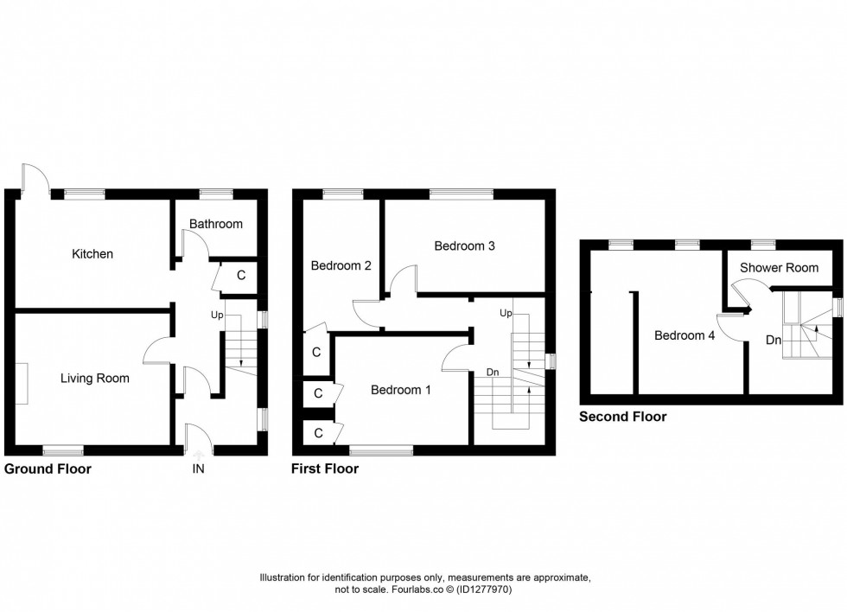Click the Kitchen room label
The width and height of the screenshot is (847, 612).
pyautogui.click(x=92, y=254)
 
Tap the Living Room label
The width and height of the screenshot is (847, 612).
pyautogui.click(x=95, y=378)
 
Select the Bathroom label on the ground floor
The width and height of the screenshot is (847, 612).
pyautogui.click(x=216, y=224)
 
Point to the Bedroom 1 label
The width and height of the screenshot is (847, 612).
pyautogui.click(x=401, y=390)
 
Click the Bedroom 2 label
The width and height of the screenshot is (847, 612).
pyautogui.click(x=341, y=265)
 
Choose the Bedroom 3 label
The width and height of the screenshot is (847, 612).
pyautogui.click(x=464, y=245)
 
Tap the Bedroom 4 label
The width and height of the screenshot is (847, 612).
pyautogui.click(x=685, y=335)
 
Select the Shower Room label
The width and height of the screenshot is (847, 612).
pyautogui.click(x=779, y=268)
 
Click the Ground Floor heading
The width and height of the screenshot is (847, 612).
pyautogui.click(x=48, y=469)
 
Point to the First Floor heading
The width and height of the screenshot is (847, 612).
pyautogui.click(x=325, y=469)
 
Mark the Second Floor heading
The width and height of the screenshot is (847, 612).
pyautogui.click(x=622, y=417)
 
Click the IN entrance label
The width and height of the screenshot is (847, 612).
pyautogui.click(x=199, y=469)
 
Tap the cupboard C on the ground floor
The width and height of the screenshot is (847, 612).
pyautogui.click(x=240, y=276)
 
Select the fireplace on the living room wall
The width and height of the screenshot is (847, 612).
pyautogui.click(x=21, y=383)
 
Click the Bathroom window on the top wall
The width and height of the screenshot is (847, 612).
pyautogui.click(x=212, y=194)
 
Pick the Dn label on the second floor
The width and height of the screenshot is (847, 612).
pyautogui.click(x=774, y=341)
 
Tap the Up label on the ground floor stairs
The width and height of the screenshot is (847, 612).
pyautogui.click(x=218, y=315)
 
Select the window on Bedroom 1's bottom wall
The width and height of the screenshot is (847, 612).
pyautogui.click(x=381, y=449)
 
